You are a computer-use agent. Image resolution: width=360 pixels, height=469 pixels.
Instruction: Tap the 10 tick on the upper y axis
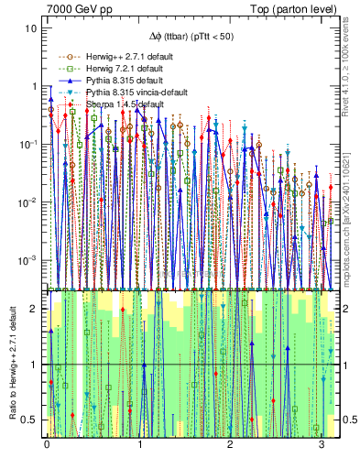31,28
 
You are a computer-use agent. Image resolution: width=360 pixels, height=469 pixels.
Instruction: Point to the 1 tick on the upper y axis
34,86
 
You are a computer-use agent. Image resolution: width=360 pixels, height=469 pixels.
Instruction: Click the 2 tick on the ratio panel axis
34,309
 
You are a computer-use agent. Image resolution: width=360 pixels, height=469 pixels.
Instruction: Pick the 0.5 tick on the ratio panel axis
30,420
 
